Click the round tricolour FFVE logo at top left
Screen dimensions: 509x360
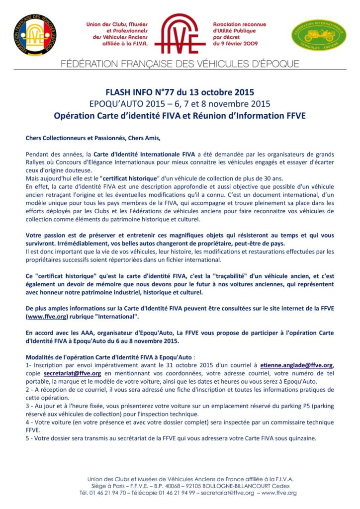point(34,34)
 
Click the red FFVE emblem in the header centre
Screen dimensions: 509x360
point(180,33)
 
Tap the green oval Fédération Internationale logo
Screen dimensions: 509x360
point(318,35)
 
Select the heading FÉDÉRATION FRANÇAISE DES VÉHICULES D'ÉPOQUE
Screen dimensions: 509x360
point(180,64)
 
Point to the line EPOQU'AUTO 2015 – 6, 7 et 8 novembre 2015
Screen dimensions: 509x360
point(180,104)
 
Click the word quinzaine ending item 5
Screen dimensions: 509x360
point(299,438)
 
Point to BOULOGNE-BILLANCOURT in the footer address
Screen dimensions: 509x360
point(228,486)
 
